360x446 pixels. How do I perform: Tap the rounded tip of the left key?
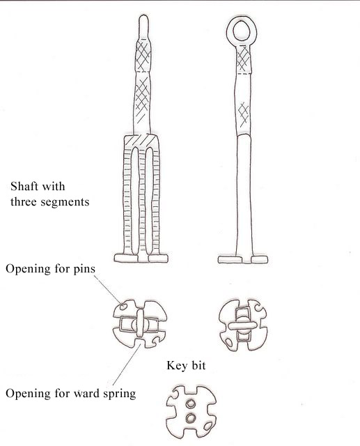coord(143,17)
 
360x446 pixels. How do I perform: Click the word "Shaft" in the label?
coord(24,186)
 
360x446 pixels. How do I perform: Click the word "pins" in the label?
coord(84,269)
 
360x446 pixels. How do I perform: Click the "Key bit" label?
coord(186,365)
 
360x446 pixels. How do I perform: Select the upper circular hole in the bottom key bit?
coord(190,403)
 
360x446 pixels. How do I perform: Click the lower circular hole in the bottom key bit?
coord(190,418)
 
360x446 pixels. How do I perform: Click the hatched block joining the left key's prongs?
coord(141,141)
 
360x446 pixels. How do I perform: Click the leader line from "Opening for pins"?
coord(107,289)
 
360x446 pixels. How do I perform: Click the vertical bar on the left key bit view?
coord(140,323)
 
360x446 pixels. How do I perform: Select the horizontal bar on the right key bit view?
coord(242,325)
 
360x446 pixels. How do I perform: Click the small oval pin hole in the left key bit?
coord(123,307)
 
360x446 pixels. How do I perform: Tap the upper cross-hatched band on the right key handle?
coord(244,60)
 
